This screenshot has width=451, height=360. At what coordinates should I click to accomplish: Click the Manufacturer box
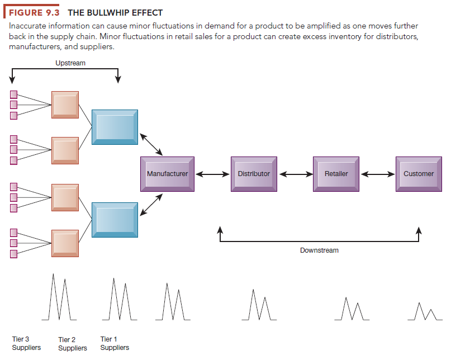coord(167,174)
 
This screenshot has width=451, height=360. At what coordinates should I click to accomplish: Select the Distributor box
coord(254,174)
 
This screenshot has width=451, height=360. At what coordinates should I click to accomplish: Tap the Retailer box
coord(336,174)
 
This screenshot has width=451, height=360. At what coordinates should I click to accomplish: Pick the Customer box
coord(419,174)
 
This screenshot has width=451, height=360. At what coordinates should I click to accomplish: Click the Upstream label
coord(70,63)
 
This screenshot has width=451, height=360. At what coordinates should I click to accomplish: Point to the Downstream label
coord(319,250)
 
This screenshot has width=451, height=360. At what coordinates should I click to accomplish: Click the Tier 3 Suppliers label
coord(26,343)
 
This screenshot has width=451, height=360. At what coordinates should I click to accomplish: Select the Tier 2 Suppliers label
coord(73,344)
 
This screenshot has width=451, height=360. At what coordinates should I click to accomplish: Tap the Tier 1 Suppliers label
coord(115,343)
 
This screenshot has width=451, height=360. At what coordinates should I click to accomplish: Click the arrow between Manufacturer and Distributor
coord(212,174)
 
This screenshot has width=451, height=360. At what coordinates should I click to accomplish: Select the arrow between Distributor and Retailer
coord(295,174)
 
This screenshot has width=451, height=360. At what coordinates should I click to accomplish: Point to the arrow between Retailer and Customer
coord(378,174)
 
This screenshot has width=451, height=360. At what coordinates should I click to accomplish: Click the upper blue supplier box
coord(115,127)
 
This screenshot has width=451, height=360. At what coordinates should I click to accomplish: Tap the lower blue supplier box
coord(115,220)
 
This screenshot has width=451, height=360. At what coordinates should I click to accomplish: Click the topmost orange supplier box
coord(65,105)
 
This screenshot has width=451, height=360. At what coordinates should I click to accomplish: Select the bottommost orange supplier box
coord(65,243)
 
